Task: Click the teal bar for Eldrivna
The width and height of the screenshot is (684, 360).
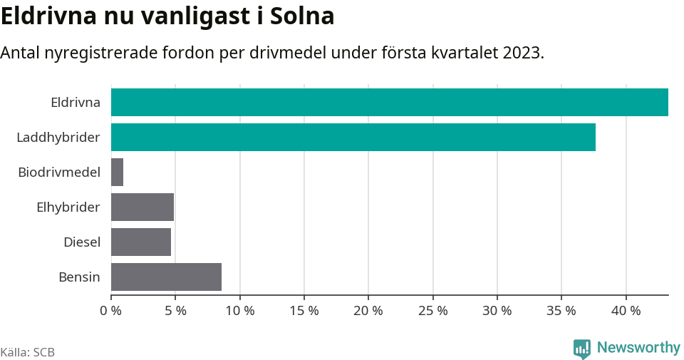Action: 389,102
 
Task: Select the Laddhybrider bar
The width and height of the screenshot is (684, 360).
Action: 353,137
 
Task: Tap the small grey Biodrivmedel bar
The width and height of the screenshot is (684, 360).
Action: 118,172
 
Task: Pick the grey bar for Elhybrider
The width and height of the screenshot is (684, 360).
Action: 142,207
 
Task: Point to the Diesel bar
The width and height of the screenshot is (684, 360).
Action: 141,242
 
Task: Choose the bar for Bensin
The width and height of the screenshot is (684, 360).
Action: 166,277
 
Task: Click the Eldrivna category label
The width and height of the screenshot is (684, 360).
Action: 75,102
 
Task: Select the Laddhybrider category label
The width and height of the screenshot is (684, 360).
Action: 58,137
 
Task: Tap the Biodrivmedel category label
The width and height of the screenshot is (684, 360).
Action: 59,172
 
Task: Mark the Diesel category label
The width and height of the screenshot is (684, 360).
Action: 81,242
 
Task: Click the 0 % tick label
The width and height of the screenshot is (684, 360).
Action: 111,311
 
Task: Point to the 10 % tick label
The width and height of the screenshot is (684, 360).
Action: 240,311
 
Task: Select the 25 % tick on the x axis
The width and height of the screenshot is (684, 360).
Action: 432,311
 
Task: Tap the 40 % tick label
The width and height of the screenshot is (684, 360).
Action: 626,311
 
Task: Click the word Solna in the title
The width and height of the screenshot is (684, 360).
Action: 302,16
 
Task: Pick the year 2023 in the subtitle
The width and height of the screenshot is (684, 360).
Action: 522,53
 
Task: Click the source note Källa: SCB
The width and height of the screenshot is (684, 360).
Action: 28,352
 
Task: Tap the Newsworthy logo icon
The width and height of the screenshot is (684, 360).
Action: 582,348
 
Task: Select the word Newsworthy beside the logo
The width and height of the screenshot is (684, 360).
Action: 638,348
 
